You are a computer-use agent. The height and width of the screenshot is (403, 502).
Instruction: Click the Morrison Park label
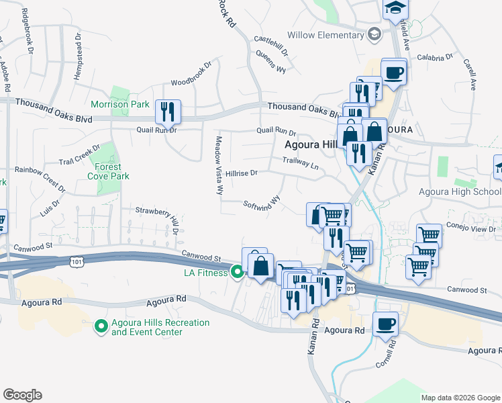coord(120,105)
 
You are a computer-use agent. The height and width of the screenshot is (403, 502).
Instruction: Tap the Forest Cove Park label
coord(107,171)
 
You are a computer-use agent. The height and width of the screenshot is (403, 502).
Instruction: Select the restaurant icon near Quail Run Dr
coord(167,111)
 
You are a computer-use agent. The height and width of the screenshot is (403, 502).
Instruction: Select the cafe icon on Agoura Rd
coord(386,324)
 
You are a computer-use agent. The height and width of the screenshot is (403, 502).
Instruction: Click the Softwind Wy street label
coord(261,204)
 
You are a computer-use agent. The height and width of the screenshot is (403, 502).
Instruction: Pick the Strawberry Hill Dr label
coord(158,215)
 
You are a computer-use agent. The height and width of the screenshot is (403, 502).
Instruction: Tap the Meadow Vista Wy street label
coord(219,165)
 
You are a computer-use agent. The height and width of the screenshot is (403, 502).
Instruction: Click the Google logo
coord(22,395)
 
